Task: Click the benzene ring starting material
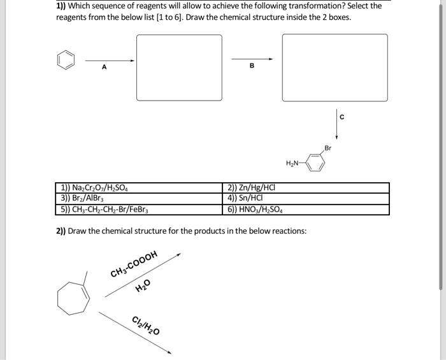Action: (x=65, y=61)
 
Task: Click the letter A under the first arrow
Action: (x=104, y=68)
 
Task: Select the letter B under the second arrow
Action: (x=251, y=66)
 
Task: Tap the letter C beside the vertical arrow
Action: (x=342, y=117)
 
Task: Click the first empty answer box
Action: (x=179, y=67)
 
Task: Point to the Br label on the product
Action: (x=327, y=148)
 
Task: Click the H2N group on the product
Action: (x=292, y=163)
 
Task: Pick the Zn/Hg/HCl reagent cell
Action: (x=251, y=187)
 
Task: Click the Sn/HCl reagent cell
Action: (x=243, y=198)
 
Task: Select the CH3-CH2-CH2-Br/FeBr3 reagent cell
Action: (x=104, y=209)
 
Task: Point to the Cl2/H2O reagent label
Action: (x=146, y=325)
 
